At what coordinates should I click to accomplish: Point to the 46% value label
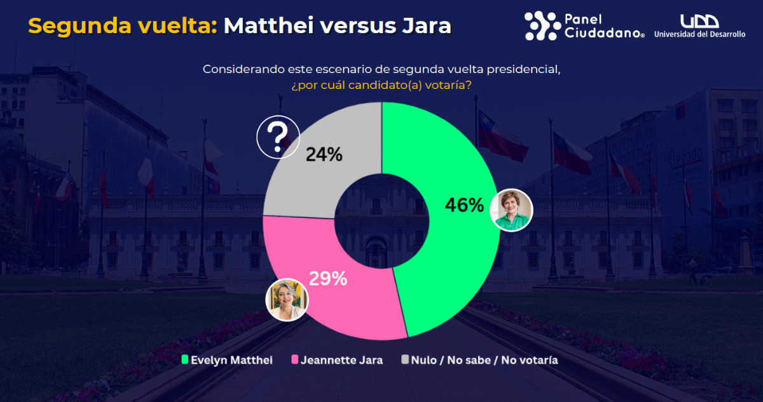(x=464, y=205)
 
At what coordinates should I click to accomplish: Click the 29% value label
(x=327, y=278)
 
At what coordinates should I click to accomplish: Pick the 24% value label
(x=324, y=154)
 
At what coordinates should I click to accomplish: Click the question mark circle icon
(x=277, y=137)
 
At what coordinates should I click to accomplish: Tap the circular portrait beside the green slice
(x=512, y=210)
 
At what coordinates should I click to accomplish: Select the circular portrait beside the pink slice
(x=287, y=299)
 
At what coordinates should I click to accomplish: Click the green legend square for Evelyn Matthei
(x=185, y=360)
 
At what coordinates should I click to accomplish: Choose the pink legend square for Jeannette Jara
(x=294, y=360)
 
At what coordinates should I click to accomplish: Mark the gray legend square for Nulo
(x=404, y=360)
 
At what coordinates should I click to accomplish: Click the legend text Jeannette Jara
(x=341, y=360)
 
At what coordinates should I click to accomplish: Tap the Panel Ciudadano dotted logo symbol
(x=542, y=26)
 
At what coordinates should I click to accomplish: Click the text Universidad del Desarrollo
(x=699, y=34)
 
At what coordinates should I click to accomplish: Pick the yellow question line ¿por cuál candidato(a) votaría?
(x=381, y=84)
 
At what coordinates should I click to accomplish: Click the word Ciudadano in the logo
(x=601, y=33)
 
